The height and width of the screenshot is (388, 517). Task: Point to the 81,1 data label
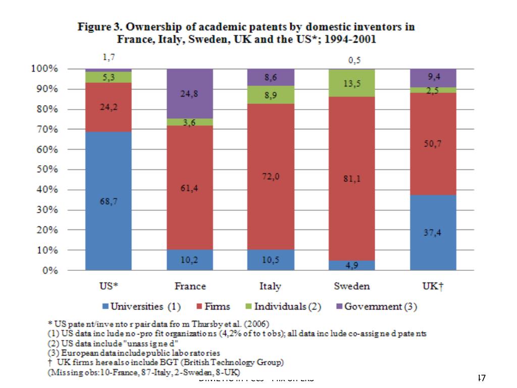(352, 178)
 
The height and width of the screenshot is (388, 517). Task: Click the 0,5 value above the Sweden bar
(355, 61)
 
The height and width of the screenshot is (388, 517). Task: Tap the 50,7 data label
(434, 144)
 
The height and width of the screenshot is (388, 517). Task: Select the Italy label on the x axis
(271, 286)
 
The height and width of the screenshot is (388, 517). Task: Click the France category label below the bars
(190, 286)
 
